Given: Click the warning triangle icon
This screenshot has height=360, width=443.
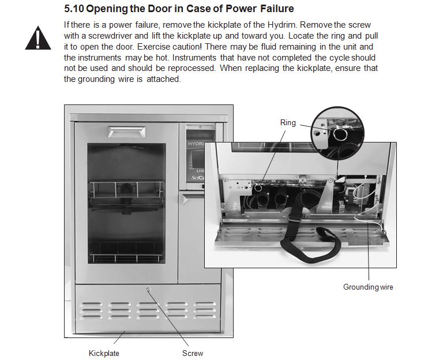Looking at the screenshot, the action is pos(38,38).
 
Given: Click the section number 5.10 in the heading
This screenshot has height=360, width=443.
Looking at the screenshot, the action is pos(74,9).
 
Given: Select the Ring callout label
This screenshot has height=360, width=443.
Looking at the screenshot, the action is pos(288,123).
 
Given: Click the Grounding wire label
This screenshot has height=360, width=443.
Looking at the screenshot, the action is pos(368,287).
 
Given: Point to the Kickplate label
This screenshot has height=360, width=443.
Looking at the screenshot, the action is pos(104,353).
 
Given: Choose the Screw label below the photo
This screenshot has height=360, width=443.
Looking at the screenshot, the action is pos(193,353).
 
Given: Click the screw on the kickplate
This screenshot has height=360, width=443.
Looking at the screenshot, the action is pos(148,290).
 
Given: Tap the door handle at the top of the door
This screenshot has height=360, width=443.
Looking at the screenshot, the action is pos(127,132).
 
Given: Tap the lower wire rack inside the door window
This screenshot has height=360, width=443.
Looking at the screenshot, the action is pos(126,258).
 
